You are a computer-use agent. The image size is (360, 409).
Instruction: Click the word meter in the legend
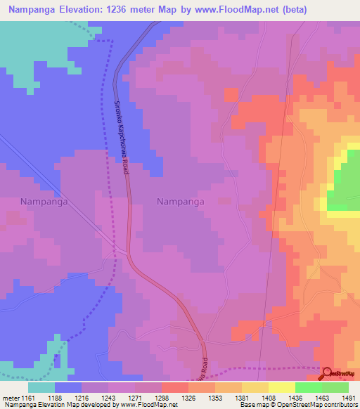[12, 398]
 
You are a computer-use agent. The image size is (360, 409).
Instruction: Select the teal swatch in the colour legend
[41, 387]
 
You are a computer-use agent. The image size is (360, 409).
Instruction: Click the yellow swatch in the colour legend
[281, 387]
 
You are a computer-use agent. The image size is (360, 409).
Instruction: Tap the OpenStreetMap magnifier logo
[326, 372]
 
